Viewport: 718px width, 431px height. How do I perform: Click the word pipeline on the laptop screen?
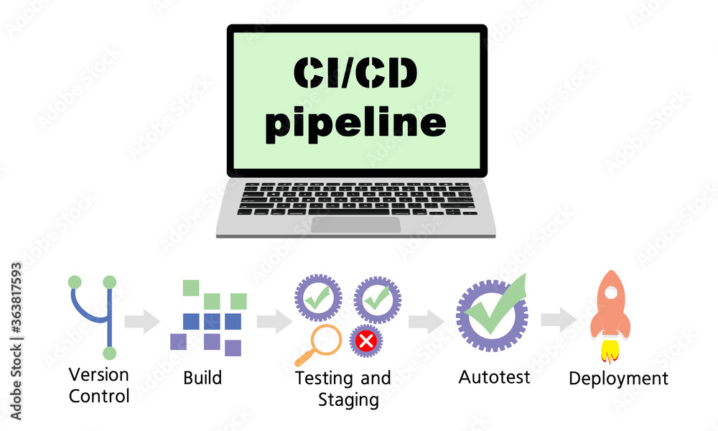coord(355,124)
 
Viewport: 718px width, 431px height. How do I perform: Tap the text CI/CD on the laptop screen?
coord(355,74)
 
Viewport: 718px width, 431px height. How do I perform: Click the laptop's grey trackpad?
coord(355,224)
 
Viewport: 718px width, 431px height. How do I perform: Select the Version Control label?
coord(99,385)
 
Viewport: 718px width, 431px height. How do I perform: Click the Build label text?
coord(202,378)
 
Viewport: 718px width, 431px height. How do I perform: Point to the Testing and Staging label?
coord(343,388)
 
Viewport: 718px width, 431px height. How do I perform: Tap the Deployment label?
coord(618,378)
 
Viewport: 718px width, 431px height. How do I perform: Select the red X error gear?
coord(366,340)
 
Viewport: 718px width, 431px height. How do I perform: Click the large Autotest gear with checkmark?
coord(492,313)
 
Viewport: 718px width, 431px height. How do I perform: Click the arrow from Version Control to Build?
coord(142,321)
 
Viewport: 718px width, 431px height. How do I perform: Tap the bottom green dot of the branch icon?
coord(109,353)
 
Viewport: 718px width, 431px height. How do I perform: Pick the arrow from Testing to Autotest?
coord(426,321)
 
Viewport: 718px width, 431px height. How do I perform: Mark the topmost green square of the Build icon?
coord(190,287)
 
